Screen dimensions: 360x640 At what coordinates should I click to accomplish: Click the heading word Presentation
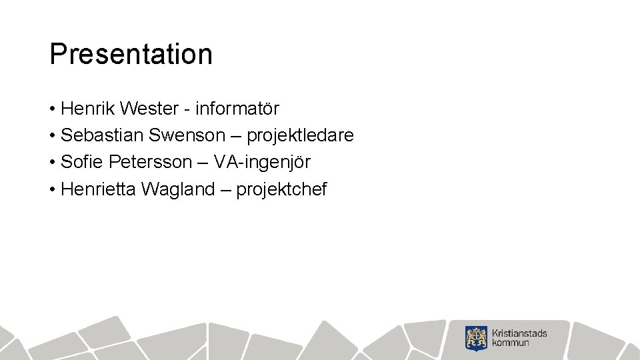coord(131,54)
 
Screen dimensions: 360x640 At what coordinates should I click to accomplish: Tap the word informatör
coord(237,108)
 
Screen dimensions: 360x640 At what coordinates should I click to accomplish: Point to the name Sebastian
coord(101,135)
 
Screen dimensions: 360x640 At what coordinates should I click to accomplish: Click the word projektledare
coord(300,135)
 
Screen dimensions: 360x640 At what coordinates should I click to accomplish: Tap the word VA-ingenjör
coord(262,162)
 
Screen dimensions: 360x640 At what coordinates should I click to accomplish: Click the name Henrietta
coord(97,189)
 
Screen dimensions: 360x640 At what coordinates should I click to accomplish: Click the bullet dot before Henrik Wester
coord(52,109)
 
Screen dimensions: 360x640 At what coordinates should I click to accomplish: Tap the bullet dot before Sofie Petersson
coord(52,163)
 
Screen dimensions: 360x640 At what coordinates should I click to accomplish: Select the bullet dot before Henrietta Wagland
coord(52,190)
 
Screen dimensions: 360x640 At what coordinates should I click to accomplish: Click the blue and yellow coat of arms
coord(477,338)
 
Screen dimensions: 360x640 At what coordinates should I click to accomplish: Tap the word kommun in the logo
coord(511,343)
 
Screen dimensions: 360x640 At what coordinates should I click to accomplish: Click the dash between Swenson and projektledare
coord(236,136)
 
